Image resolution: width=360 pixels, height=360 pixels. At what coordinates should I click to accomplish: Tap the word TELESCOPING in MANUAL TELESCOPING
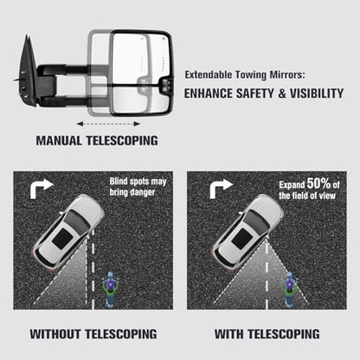pyautogui.click(x=122, y=140)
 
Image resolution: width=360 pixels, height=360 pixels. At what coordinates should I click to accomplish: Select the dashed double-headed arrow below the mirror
pyautogui.click(x=108, y=124)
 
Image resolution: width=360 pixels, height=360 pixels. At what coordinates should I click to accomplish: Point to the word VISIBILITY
pyautogui.click(x=317, y=93)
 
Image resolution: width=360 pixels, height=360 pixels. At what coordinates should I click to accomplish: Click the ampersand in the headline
pyautogui.click(x=282, y=93)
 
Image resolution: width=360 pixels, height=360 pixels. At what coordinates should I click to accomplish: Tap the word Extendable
pyautogui.click(x=209, y=74)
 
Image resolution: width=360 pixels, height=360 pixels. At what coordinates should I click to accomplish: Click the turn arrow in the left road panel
pyautogui.click(x=42, y=189)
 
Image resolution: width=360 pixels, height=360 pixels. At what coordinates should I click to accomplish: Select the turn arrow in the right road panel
pyautogui.click(x=221, y=189)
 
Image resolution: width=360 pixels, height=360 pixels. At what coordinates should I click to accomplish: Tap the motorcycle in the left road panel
pyautogui.click(x=110, y=288)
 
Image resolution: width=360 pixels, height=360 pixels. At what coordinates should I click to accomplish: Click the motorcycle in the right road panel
pyautogui.click(x=289, y=289)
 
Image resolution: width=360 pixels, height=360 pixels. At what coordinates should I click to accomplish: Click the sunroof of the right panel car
pyautogui.click(x=242, y=239)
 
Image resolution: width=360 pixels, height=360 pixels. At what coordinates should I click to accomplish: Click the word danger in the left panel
pyautogui.click(x=142, y=192)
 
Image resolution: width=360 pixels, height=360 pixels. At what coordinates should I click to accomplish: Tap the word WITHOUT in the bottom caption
pyautogui.click(x=55, y=334)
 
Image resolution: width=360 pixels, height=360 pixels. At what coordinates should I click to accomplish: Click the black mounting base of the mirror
pyautogui.click(x=27, y=72)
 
